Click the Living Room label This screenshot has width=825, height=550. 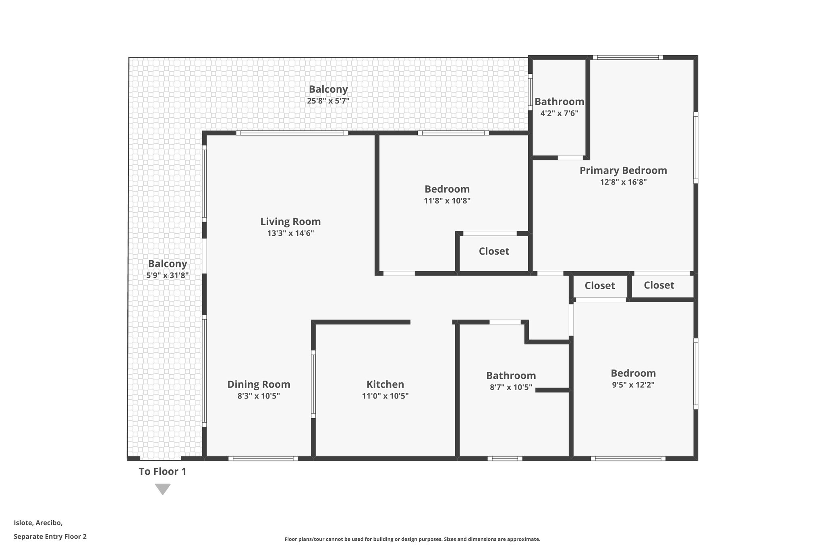pos(290,222)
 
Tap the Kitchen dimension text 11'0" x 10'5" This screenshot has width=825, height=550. pos(385,396)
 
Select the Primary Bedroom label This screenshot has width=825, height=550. pos(623,170)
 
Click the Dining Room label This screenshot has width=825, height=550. pos(259,384)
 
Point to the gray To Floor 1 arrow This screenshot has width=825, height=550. pos(163,489)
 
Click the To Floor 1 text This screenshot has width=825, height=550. pos(162,471)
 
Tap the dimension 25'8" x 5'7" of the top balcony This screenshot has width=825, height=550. pos(328,101)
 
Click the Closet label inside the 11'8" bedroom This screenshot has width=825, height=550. pos(494,251)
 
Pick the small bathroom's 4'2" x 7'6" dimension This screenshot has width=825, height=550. pos(559,113)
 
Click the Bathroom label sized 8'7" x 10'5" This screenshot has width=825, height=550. pos(511,376)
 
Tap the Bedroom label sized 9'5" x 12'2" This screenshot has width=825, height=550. pos(633,373)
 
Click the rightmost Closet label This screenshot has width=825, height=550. pos(659,285)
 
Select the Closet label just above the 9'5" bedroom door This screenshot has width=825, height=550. pos(600,286)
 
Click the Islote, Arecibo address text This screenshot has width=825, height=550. pos(38,523)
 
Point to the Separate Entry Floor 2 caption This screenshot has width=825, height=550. pos(50,536)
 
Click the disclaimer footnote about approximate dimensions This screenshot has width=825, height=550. pos(412,539)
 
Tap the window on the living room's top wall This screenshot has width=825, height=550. pos(292,133)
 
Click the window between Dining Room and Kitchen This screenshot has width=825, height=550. pos(313,384)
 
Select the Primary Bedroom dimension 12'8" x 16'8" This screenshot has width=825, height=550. pos(623,182)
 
